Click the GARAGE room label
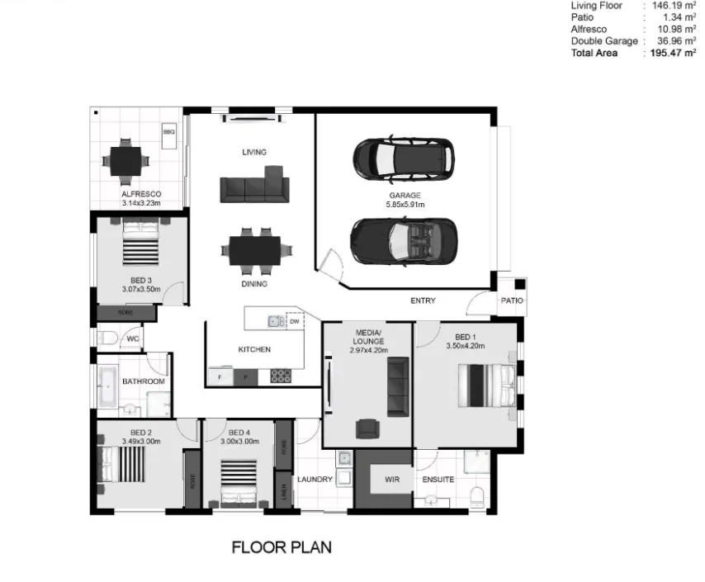[x=405, y=196]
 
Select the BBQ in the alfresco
[x=169, y=132]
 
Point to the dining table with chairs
[x=250, y=250]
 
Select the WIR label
[x=383, y=479]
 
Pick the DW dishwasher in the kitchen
[x=293, y=321]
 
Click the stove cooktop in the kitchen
[x=281, y=376]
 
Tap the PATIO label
[x=512, y=301]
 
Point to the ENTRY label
[x=423, y=300]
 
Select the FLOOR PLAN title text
[x=282, y=547]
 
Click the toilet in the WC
[x=106, y=338]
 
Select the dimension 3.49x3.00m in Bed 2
[x=140, y=442]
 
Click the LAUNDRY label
[x=315, y=479]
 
